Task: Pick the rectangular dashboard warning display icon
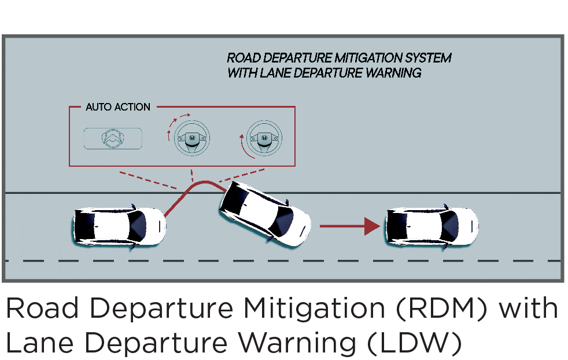click(x=113, y=138)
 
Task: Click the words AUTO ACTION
click(x=118, y=107)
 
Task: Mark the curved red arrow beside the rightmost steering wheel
click(x=242, y=145)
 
